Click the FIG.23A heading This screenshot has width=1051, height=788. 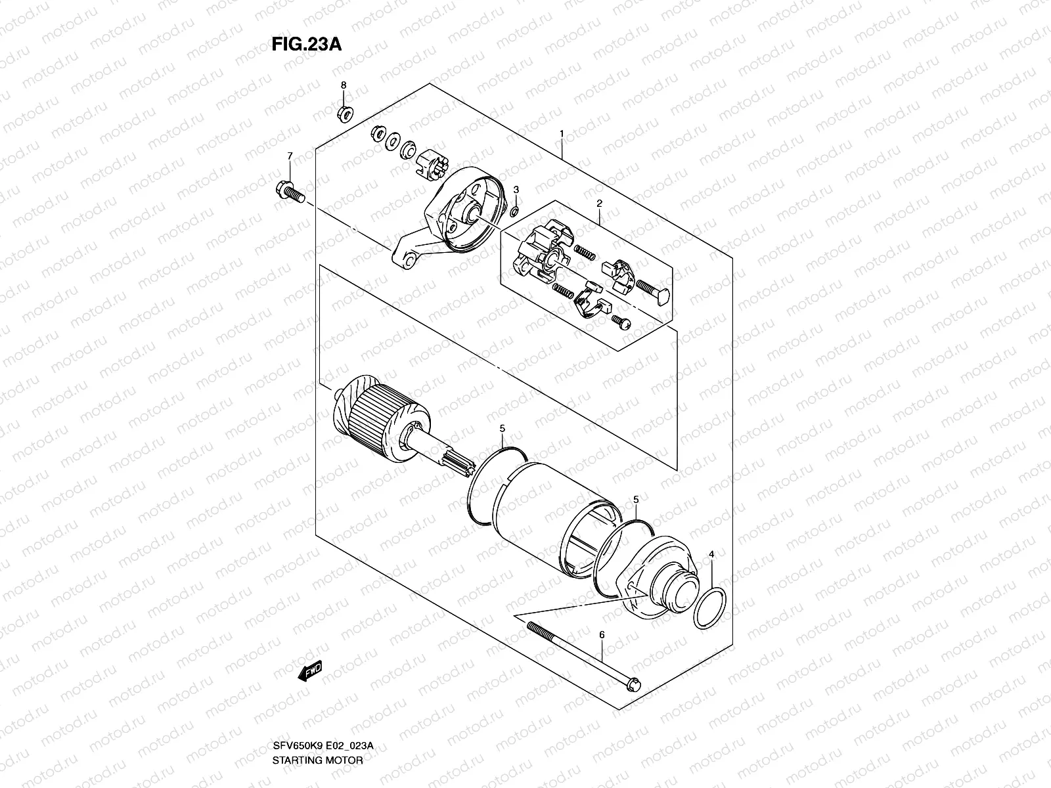306,44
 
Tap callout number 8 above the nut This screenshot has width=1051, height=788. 342,86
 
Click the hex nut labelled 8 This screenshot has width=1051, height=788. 344,114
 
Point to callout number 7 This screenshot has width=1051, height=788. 288,156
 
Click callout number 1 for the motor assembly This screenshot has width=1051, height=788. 562,134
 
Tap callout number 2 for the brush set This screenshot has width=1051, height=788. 599,204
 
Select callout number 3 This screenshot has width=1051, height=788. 516,189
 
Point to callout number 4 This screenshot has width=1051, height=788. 711,555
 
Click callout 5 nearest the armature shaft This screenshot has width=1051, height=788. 503,428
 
